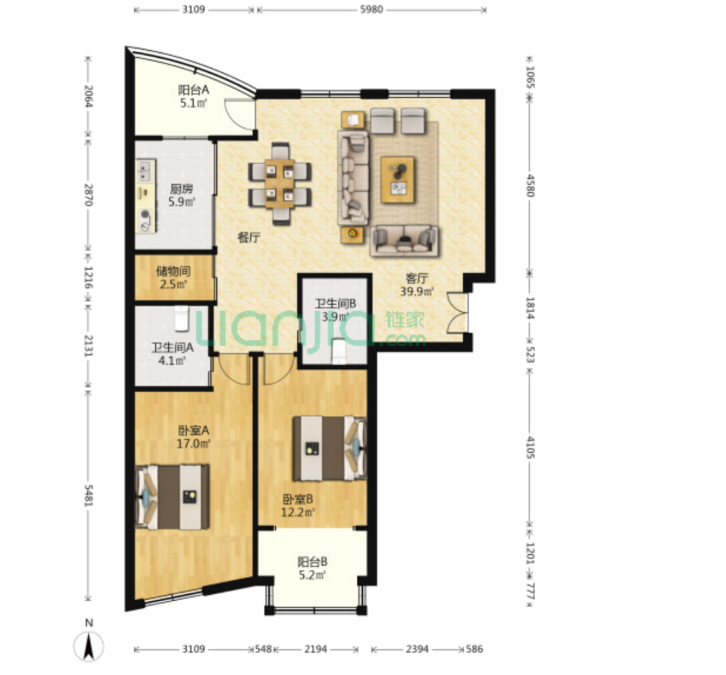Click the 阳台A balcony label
click(x=194, y=90)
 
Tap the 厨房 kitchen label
click(x=181, y=189)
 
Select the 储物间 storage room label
click(x=173, y=271)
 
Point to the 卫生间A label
click(x=172, y=348)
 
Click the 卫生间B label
click(x=335, y=304)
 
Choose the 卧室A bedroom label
click(x=194, y=430)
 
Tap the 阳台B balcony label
click(x=313, y=562)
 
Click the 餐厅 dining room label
click(x=249, y=238)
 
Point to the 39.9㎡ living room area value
click(x=417, y=292)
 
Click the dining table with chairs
click(x=280, y=184)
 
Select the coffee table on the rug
click(x=398, y=179)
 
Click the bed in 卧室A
click(x=172, y=497)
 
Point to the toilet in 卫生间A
click(x=182, y=318)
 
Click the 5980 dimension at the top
click(x=372, y=9)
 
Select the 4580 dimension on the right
click(x=531, y=186)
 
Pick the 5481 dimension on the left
click(x=88, y=496)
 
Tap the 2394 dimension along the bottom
click(x=417, y=649)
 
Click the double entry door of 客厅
click(x=458, y=312)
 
